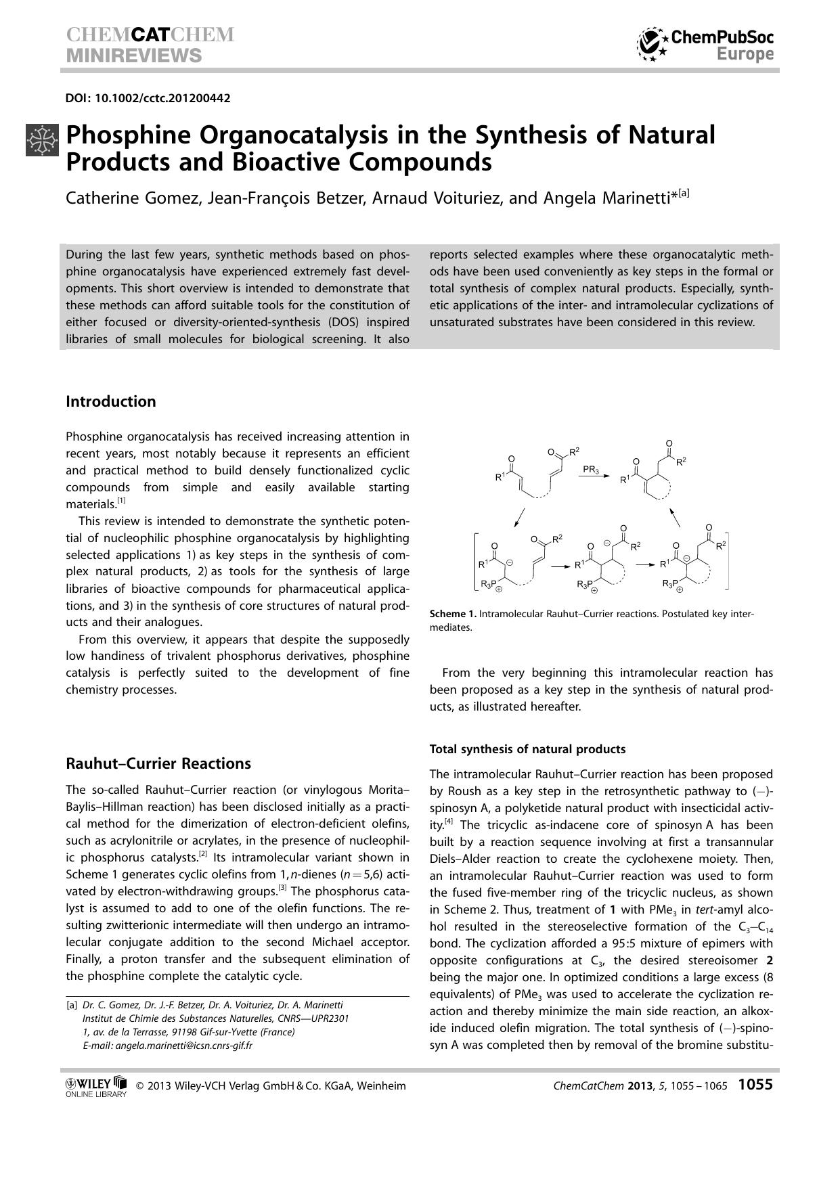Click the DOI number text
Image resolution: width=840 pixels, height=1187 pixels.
pos(148,98)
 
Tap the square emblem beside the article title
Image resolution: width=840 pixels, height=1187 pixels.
pos(42,140)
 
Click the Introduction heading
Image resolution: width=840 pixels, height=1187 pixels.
pos(110,401)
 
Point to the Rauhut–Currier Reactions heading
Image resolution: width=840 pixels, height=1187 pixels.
pos(158,763)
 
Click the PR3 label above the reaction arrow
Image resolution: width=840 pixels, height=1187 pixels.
pos(590,469)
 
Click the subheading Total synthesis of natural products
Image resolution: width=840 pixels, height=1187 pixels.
pos(527,749)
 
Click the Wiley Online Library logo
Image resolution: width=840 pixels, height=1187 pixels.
pos(95,1086)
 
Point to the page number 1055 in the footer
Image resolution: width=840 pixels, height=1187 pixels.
pos(755,1085)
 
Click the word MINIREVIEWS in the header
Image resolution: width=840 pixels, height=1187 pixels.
pos(134,55)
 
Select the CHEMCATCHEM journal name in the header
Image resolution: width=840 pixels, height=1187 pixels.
pos(150,35)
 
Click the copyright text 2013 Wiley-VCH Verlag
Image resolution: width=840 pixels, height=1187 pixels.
pos(271,1086)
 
